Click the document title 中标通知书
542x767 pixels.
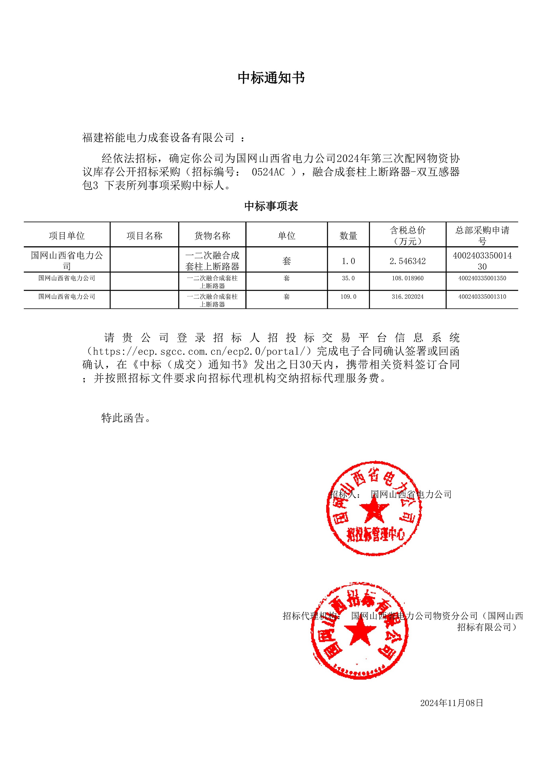pyautogui.click(x=271, y=78)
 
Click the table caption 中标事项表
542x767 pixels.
pyautogui.click(x=271, y=206)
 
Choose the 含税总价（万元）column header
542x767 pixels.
pyautogui.click(x=408, y=235)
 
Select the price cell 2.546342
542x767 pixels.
pyautogui.click(x=408, y=261)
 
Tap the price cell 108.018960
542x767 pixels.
pyautogui.click(x=408, y=278)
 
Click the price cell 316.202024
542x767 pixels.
pyautogui.click(x=408, y=297)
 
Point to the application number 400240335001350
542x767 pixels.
pyautogui.click(x=482, y=278)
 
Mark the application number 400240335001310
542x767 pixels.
pyautogui.click(x=482, y=297)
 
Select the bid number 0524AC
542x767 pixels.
pyautogui.click(x=268, y=172)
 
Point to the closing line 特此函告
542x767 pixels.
pyautogui.click(x=125, y=418)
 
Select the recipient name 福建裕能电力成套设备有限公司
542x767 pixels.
pyautogui.click(x=158, y=137)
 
